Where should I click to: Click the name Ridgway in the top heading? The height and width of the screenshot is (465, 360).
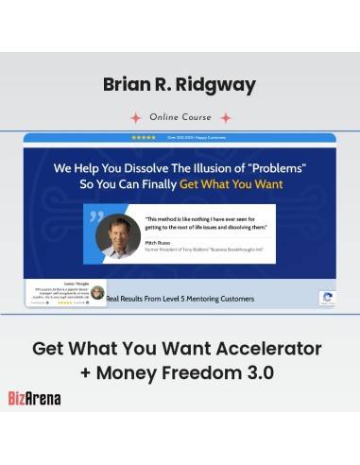point(219,86)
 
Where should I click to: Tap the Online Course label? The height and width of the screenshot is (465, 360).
point(180,117)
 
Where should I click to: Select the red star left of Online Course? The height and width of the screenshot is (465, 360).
point(135,118)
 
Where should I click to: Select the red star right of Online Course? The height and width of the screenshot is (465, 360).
point(225,118)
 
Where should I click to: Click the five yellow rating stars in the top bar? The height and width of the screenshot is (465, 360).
point(144,138)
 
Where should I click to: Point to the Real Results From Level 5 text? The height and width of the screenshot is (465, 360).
point(180,299)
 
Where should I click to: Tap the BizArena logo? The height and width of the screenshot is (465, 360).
point(34,398)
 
